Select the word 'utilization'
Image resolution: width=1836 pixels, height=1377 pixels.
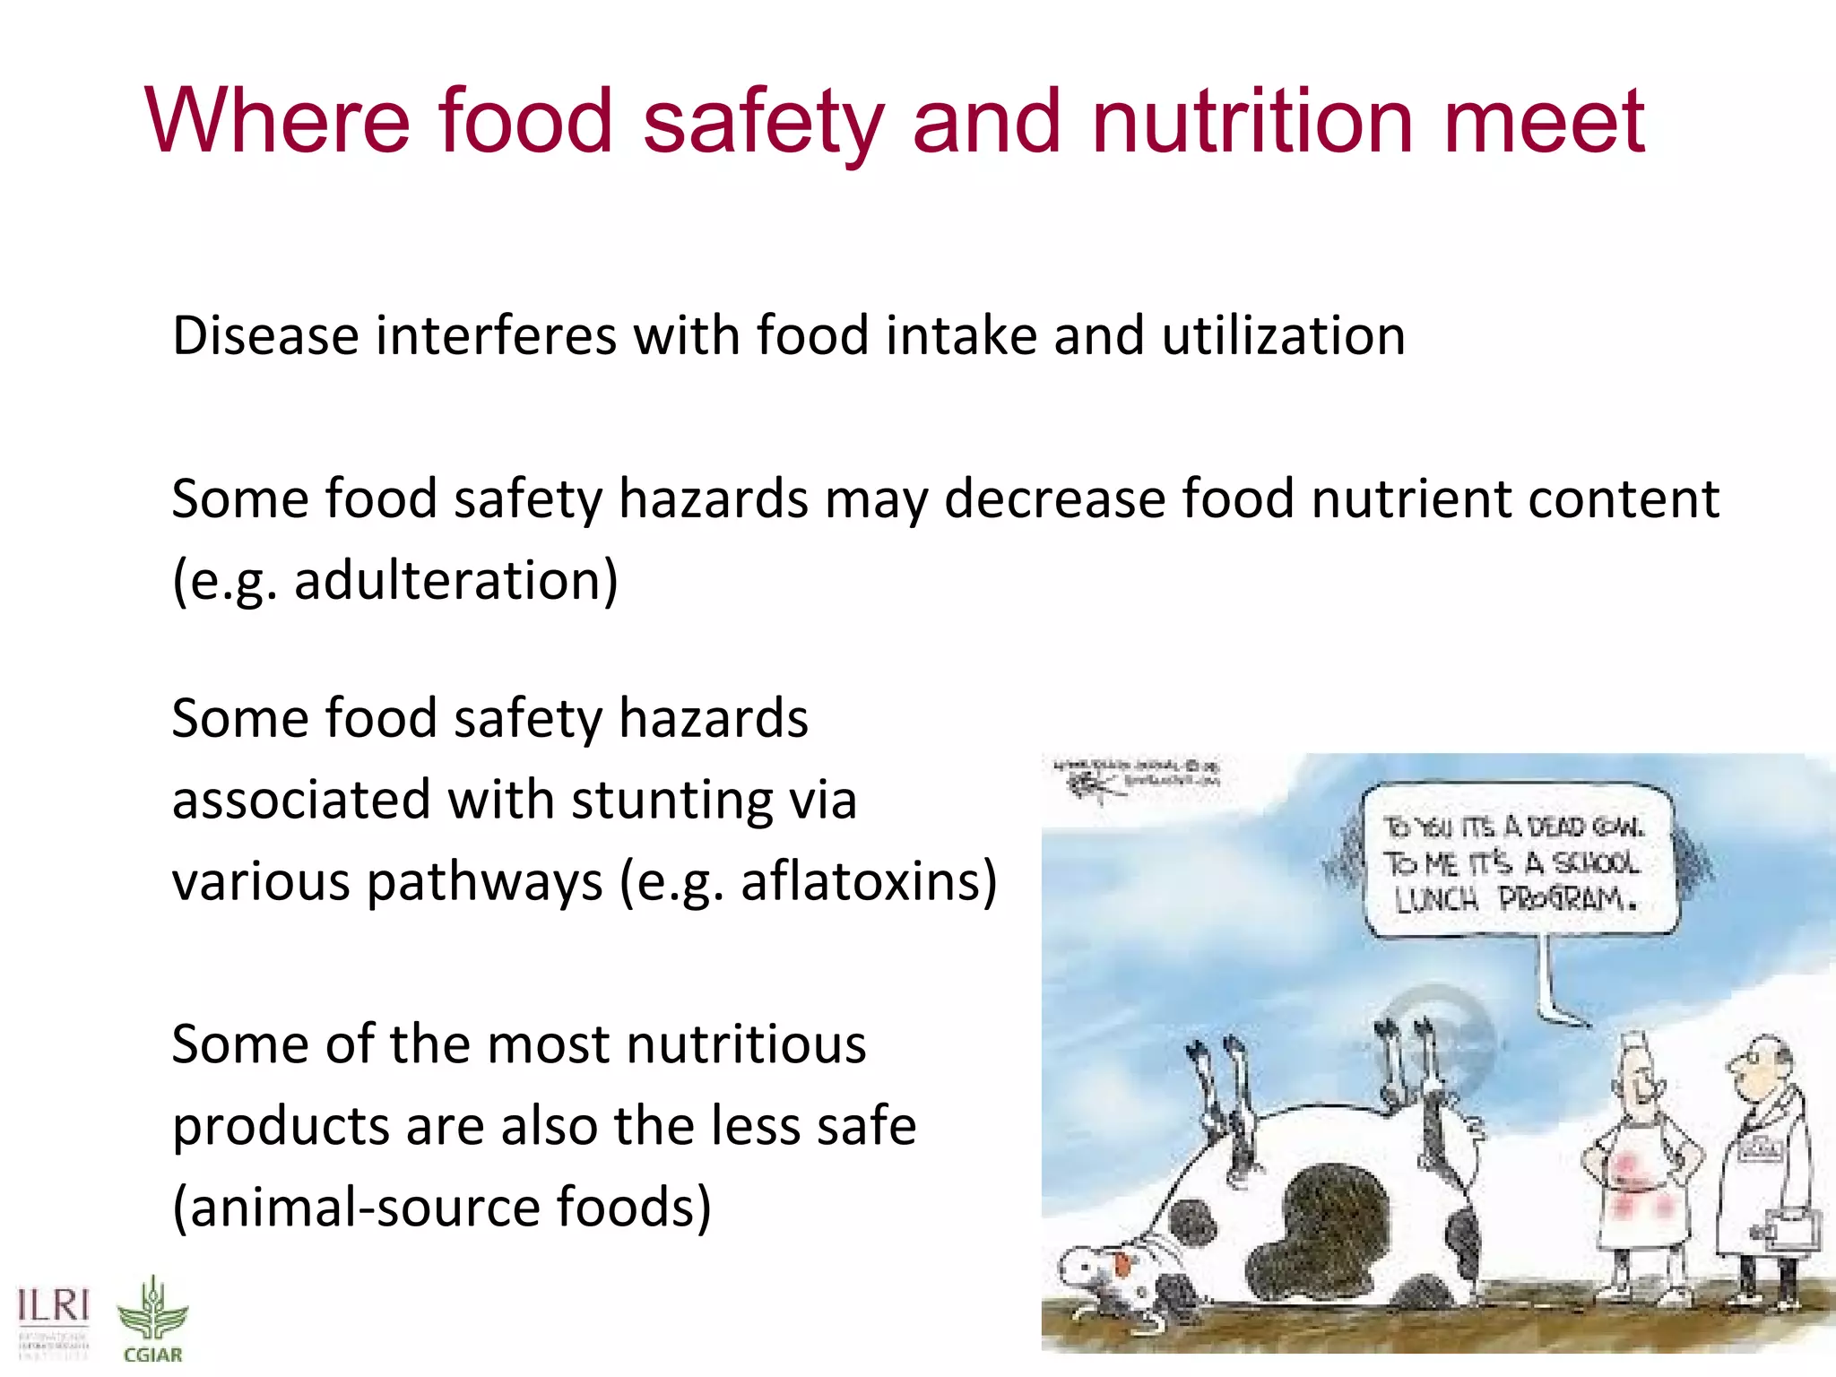click(x=1283, y=336)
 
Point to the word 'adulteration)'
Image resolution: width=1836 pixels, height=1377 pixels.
click(x=456, y=581)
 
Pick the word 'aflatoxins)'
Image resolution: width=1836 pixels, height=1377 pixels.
click(x=869, y=881)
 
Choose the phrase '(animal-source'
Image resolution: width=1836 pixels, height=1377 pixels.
click(x=355, y=1208)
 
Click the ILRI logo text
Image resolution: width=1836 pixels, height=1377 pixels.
click(x=54, y=1307)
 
